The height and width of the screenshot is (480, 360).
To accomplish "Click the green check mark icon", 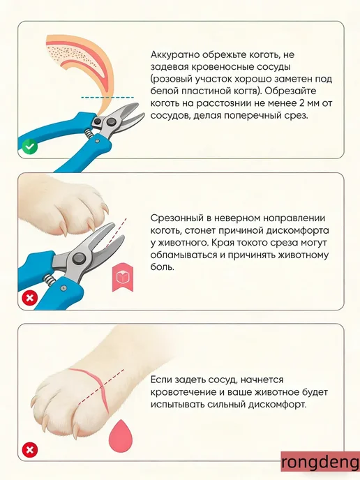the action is coord(30,147).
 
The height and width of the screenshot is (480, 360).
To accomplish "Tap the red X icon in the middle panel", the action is coord(30,298).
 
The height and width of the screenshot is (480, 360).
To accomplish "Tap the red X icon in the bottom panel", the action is coord(30,450).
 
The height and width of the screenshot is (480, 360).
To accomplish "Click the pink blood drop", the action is coord(121,435).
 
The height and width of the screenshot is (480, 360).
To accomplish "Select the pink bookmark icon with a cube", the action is coord(123,277).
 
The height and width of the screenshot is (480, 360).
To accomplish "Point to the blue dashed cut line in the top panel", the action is coord(107,98).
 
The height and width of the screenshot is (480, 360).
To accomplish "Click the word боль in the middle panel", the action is coord(163,267).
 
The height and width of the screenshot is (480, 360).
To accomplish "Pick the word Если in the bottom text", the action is coord(161,380).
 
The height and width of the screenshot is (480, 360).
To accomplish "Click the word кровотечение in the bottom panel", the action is coord(182,393).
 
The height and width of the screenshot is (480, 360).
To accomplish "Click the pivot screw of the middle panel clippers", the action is coord(78,258).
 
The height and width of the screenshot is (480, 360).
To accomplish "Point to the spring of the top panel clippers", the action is coord(89,133).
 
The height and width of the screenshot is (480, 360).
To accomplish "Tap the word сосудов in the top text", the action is coord(169,117).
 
